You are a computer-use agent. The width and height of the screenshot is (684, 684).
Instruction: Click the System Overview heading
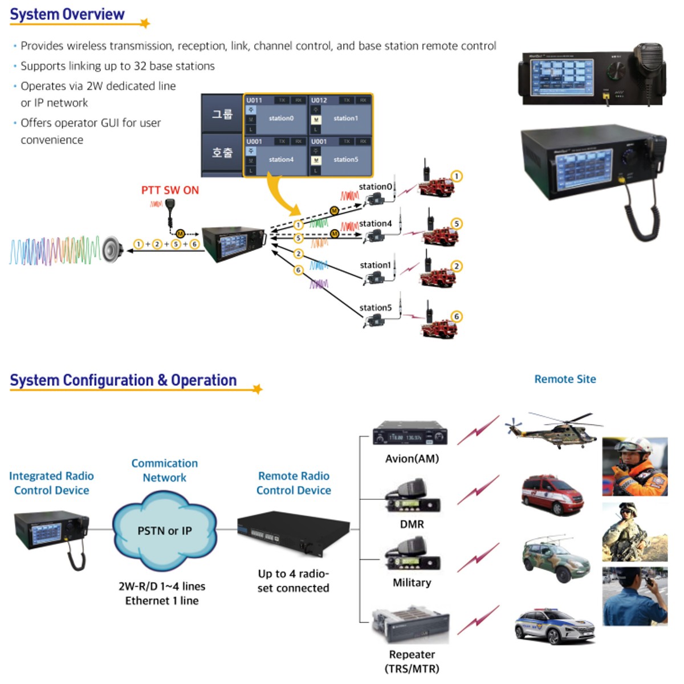tap(67, 15)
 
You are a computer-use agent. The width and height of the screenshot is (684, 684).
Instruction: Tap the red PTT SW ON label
tap(170, 190)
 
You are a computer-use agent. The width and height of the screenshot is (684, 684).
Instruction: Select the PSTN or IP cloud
tap(164, 531)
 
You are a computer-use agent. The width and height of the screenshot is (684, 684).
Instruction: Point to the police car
tap(554, 626)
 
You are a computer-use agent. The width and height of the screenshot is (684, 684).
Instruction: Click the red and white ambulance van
tap(552, 495)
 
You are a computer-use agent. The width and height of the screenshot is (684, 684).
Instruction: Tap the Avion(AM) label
tap(412, 459)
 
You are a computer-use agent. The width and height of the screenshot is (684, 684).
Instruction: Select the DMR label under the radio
tap(412, 524)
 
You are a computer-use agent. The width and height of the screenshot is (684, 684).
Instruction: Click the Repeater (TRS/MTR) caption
tap(412, 661)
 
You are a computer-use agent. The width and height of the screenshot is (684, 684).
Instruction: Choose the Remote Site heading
tap(565, 379)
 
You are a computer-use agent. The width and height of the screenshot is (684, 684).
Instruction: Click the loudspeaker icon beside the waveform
tap(112, 250)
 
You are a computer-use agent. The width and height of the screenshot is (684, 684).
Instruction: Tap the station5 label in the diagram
tap(376, 308)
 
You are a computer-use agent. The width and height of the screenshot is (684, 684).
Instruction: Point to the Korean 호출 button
tap(222, 153)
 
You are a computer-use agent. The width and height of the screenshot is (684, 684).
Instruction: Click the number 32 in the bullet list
tap(140, 66)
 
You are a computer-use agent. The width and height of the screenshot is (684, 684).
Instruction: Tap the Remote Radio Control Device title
tap(294, 483)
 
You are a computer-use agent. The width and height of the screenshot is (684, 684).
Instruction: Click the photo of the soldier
tap(634, 532)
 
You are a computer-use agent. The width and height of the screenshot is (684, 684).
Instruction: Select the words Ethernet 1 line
tap(162, 601)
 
